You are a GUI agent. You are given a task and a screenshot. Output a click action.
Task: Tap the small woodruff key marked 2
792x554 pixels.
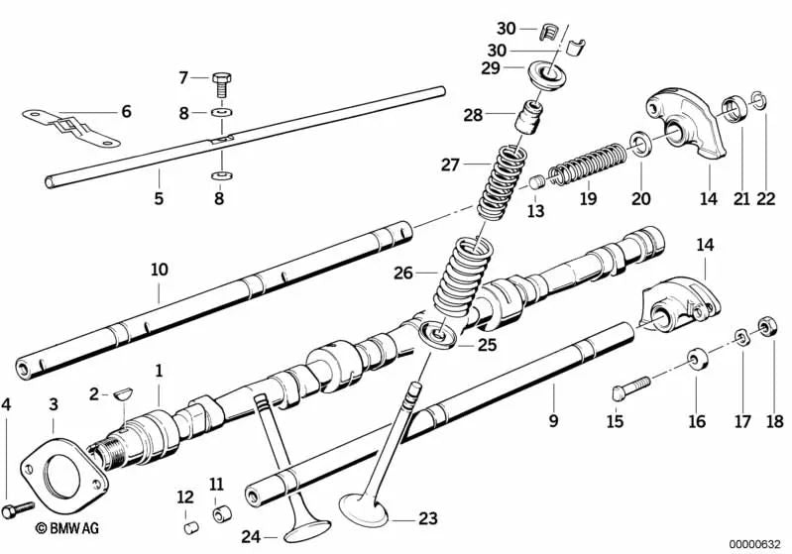[x=121, y=392]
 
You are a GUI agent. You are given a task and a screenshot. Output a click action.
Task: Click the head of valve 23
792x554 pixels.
[x=363, y=513]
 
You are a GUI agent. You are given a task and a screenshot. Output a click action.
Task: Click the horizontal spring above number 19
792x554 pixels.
[x=588, y=163]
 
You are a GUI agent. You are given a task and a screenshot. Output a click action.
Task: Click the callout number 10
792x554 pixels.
[x=159, y=269]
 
